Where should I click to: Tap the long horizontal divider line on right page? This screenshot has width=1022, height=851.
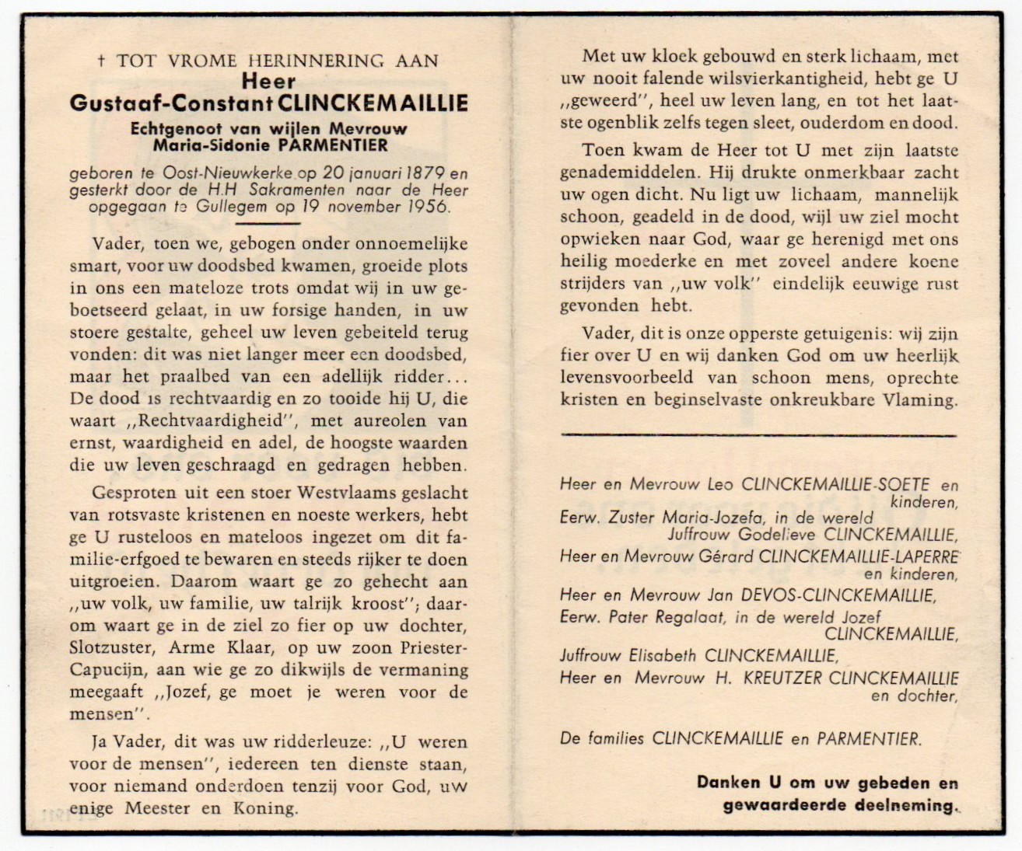pos(758,436)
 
